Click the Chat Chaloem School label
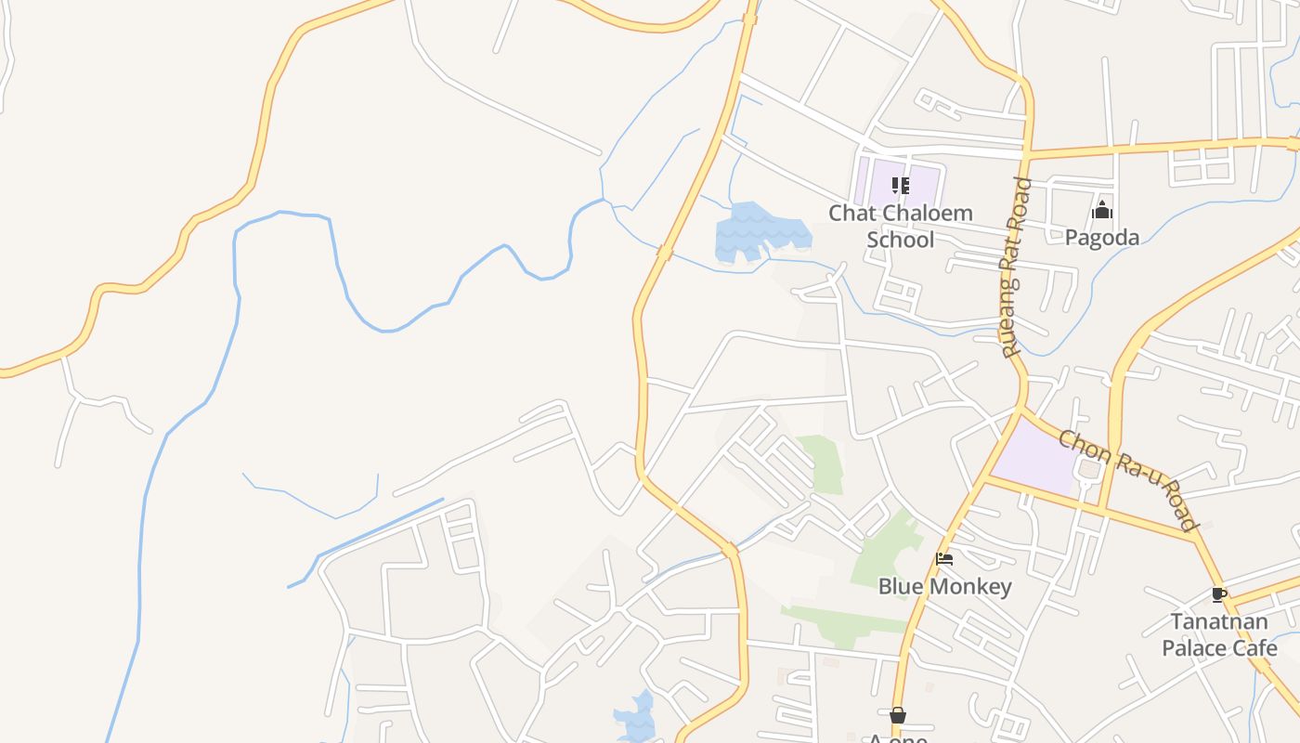pyautogui.click(x=900, y=226)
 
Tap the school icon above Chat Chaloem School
pyautogui.click(x=900, y=186)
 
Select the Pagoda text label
pyautogui.click(x=1101, y=238)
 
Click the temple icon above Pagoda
pyautogui.click(x=1102, y=210)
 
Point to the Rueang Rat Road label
pyautogui.click(x=1017, y=267)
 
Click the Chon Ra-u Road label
pyautogui.click(x=1129, y=479)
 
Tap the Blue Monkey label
pyautogui.click(x=944, y=587)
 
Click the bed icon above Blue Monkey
pyautogui.click(x=944, y=559)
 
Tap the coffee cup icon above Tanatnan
pyautogui.click(x=1218, y=594)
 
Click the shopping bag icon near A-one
pyautogui.click(x=897, y=715)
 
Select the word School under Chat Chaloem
pyautogui.click(x=900, y=240)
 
